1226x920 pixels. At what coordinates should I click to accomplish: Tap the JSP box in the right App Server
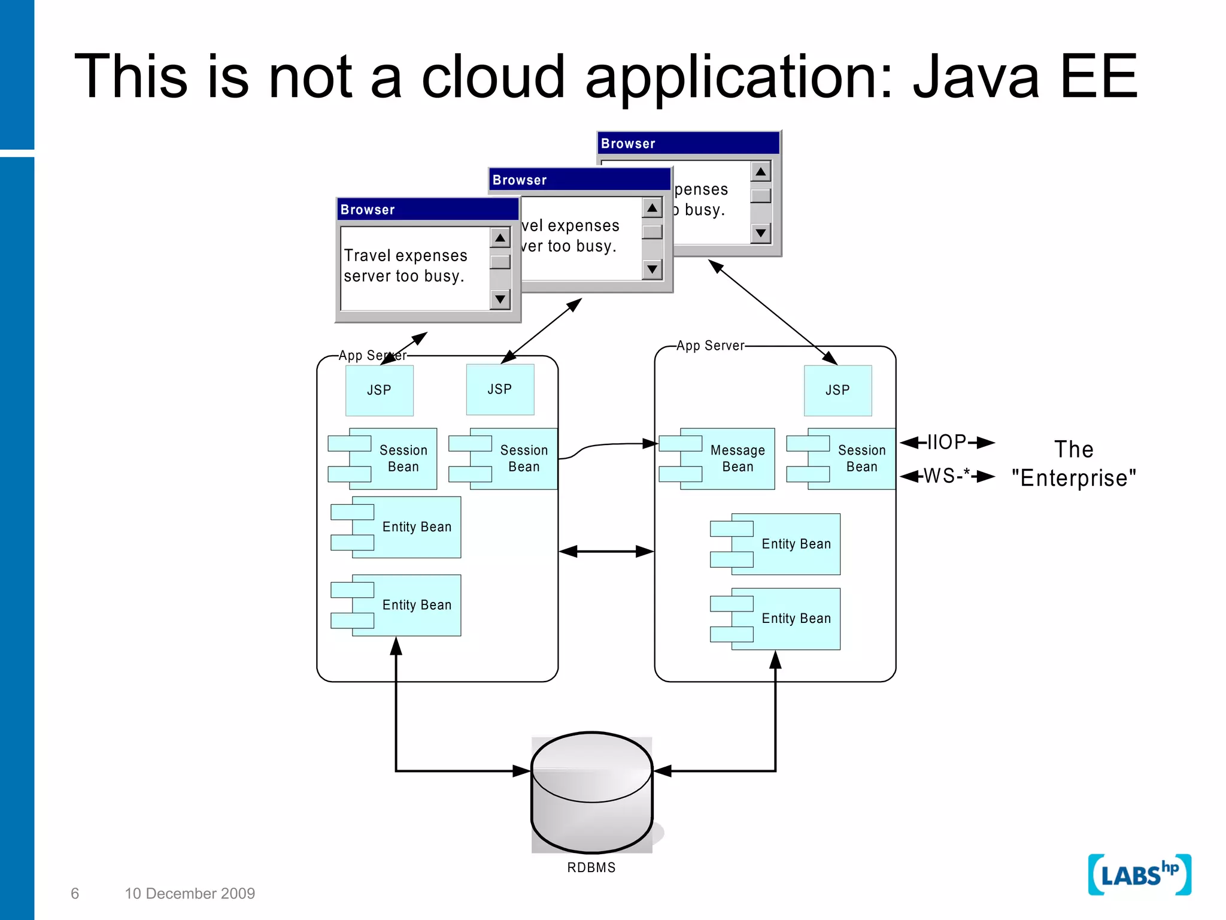click(837, 391)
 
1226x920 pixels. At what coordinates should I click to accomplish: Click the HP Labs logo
click(1139, 875)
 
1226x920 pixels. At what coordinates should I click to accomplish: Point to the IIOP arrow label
click(946, 443)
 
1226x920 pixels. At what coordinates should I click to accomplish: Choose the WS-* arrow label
click(946, 476)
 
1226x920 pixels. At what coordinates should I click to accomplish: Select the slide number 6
click(75, 894)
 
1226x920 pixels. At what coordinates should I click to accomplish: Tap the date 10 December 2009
click(190, 894)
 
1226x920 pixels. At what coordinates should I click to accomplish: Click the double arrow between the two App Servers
click(606, 551)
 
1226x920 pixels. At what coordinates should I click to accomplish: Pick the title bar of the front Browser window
click(427, 210)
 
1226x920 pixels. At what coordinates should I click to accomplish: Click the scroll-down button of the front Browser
click(500, 299)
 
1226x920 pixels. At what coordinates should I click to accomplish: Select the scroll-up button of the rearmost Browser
click(760, 172)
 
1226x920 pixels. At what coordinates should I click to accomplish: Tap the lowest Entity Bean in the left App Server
click(407, 606)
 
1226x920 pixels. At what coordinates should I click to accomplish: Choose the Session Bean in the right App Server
click(850, 459)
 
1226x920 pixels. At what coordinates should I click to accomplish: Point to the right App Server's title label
click(710, 346)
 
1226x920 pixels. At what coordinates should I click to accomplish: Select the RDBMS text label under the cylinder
click(591, 867)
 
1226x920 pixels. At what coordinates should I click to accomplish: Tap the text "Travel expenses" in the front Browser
click(405, 256)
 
